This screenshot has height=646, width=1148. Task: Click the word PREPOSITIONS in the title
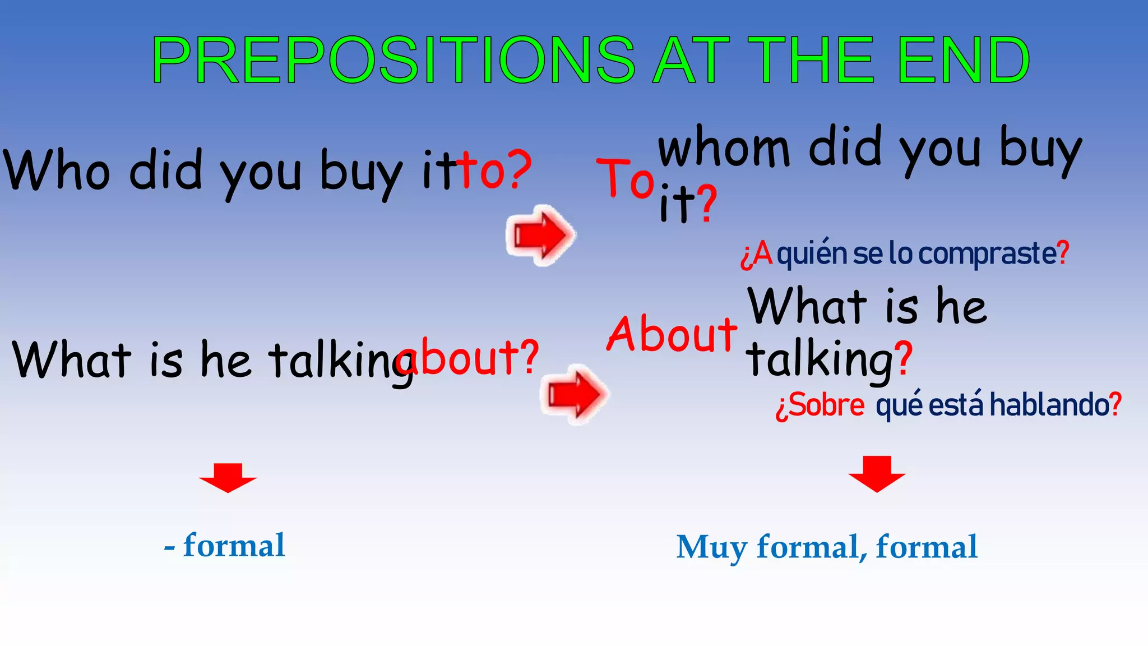click(392, 60)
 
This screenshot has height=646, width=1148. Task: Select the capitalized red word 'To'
click(625, 178)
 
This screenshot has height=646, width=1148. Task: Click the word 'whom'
click(724, 149)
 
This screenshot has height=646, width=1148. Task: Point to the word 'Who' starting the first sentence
click(56, 170)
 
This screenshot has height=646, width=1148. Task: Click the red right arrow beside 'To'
click(540, 235)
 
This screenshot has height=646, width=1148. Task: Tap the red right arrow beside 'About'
click(574, 394)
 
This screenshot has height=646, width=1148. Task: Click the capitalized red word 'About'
click(672, 334)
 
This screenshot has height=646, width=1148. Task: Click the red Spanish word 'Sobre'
click(827, 405)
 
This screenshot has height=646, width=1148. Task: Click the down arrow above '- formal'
click(228, 477)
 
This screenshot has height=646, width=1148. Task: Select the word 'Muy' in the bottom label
click(711, 548)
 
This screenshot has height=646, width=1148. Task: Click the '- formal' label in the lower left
click(225, 546)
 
